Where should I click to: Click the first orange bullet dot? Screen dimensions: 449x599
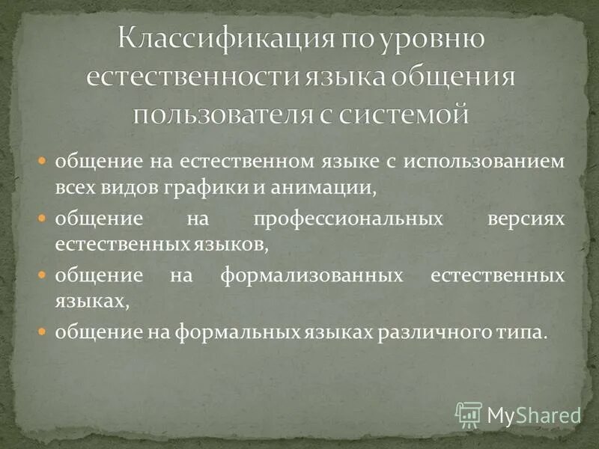point(43,162)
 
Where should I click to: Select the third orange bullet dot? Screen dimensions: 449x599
point(43,275)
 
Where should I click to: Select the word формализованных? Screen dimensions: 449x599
point(308,275)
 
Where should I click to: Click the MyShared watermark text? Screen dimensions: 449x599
point(534,415)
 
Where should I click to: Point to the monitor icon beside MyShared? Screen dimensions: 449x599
point(469,414)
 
